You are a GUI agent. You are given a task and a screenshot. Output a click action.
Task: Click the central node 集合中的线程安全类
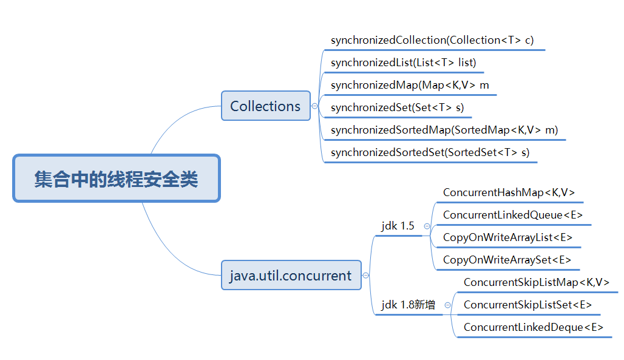click(x=116, y=178)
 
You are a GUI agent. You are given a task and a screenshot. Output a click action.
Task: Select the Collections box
click(x=265, y=106)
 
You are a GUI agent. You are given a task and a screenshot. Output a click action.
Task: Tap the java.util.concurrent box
click(x=291, y=276)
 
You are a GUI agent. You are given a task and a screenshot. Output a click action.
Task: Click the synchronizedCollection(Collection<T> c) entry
click(x=432, y=40)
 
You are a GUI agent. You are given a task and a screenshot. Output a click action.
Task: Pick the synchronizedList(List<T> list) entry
click(x=403, y=63)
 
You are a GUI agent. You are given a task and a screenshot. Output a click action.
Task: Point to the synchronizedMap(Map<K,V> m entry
click(x=410, y=85)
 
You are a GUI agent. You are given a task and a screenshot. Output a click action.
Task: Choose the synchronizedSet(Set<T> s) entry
click(x=397, y=107)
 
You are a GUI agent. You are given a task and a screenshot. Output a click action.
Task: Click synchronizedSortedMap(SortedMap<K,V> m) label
click(x=444, y=130)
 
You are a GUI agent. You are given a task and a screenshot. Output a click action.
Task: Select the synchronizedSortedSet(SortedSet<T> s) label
click(x=430, y=152)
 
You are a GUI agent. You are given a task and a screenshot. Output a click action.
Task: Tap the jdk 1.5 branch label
click(x=398, y=226)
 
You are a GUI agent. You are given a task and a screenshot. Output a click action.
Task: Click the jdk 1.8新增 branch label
click(x=408, y=305)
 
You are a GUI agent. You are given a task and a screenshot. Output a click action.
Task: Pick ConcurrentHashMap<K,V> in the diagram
click(x=509, y=192)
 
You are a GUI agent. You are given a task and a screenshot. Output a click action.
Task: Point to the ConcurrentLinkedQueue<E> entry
click(x=513, y=215)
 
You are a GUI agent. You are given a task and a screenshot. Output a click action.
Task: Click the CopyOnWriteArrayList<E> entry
click(x=507, y=237)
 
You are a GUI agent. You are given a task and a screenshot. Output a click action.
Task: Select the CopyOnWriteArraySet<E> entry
click(x=507, y=260)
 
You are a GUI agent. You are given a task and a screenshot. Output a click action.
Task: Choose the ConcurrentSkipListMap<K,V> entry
click(x=537, y=282)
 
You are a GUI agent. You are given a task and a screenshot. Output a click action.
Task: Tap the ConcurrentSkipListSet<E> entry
click(x=527, y=305)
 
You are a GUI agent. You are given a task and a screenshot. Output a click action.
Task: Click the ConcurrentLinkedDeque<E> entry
click(x=534, y=327)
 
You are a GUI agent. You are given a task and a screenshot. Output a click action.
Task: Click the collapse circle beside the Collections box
click(x=314, y=106)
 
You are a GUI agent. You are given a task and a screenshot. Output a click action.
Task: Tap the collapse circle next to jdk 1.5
click(x=427, y=226)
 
